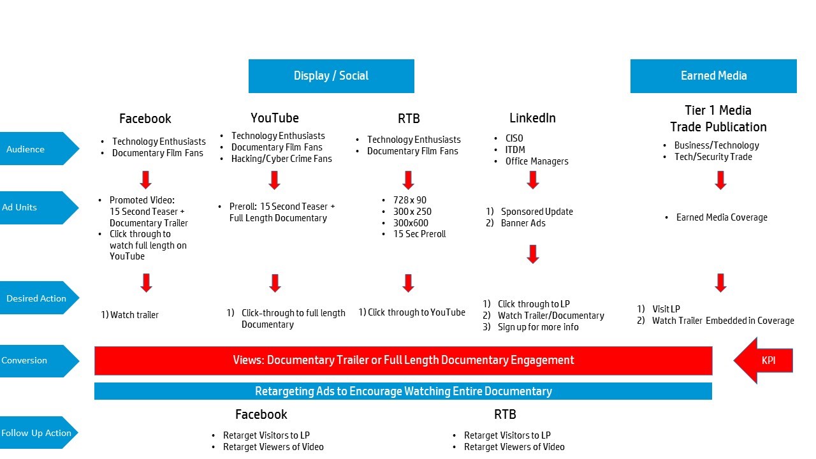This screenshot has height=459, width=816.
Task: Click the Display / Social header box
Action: pos(331,76)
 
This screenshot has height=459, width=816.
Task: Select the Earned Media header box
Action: pos(713,76)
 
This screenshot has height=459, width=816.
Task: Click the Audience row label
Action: pos(35,149)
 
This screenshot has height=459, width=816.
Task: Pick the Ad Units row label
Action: pos(35,207)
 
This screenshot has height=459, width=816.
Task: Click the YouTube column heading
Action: pos(275,118)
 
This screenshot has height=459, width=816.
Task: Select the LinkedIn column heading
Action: pos(532,118)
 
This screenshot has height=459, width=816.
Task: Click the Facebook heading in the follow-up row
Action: pos(261,414)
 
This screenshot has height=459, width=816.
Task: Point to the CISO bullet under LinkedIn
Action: pos(514,138)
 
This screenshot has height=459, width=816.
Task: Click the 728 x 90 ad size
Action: pos(410,200)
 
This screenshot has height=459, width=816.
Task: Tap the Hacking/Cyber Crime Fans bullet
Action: pos(281,159)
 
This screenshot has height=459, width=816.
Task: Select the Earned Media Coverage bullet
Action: pos(722,217)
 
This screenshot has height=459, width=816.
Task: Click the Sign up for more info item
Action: pos(538,327)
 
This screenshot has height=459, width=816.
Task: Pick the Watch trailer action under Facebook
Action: pos(134,315)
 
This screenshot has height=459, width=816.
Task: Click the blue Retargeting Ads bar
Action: pos(403,391)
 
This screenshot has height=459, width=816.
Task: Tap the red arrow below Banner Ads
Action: pos(533,254)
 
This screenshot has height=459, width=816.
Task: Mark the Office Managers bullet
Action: pos(537,161)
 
